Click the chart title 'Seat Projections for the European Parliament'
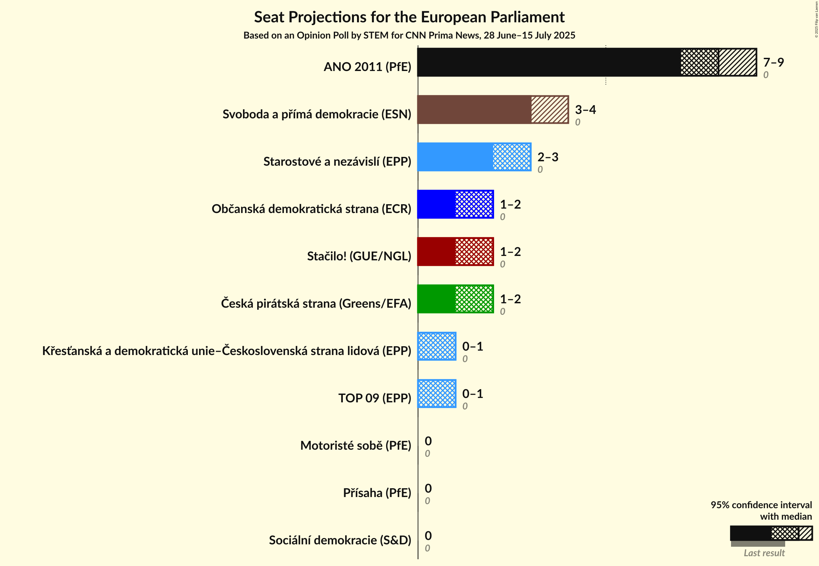click(x=409, y=17)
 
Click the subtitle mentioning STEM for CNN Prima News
click(x=409, y=36)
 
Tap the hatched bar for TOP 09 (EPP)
click(x=437, y=394)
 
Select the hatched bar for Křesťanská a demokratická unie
click(x=437, y=346)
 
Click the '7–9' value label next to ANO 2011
click(x=773, y=63)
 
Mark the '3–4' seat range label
click(x=585, y=110)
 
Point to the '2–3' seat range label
click(x=548, y=157)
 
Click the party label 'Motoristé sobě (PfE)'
click(x=355, y=445)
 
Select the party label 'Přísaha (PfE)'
click(x=377, y=493)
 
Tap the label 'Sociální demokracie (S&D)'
click(x=340, y=540)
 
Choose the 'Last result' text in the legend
click(x=764, y=553)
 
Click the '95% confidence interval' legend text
click(x=761, y=505)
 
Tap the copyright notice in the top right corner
click(x=816, y=20)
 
